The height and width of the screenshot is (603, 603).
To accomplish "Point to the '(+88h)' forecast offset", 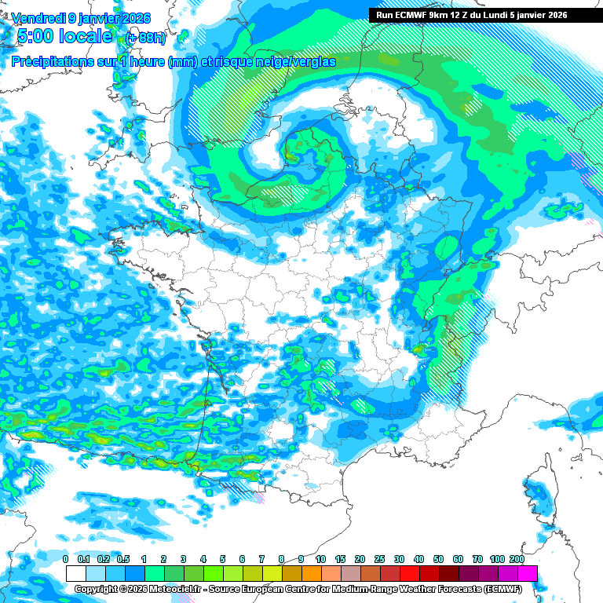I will pos(146,38).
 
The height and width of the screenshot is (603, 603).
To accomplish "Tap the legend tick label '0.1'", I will pos(85,559).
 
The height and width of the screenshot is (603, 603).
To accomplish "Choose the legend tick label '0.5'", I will pos(124,559).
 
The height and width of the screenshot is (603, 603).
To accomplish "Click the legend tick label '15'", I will pos(341,559).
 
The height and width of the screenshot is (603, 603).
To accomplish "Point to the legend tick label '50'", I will pos(438,559).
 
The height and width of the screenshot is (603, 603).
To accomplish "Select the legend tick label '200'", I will pos(517,559).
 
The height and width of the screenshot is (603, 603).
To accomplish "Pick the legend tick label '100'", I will pos(497,559).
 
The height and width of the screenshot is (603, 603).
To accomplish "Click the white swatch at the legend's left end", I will pos(75,573).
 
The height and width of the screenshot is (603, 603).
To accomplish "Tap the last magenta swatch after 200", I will pos(528,573).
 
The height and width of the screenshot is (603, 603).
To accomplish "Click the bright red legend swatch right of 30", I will pos(410,573).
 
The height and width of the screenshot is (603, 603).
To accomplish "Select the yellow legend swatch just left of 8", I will pos(272,573).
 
